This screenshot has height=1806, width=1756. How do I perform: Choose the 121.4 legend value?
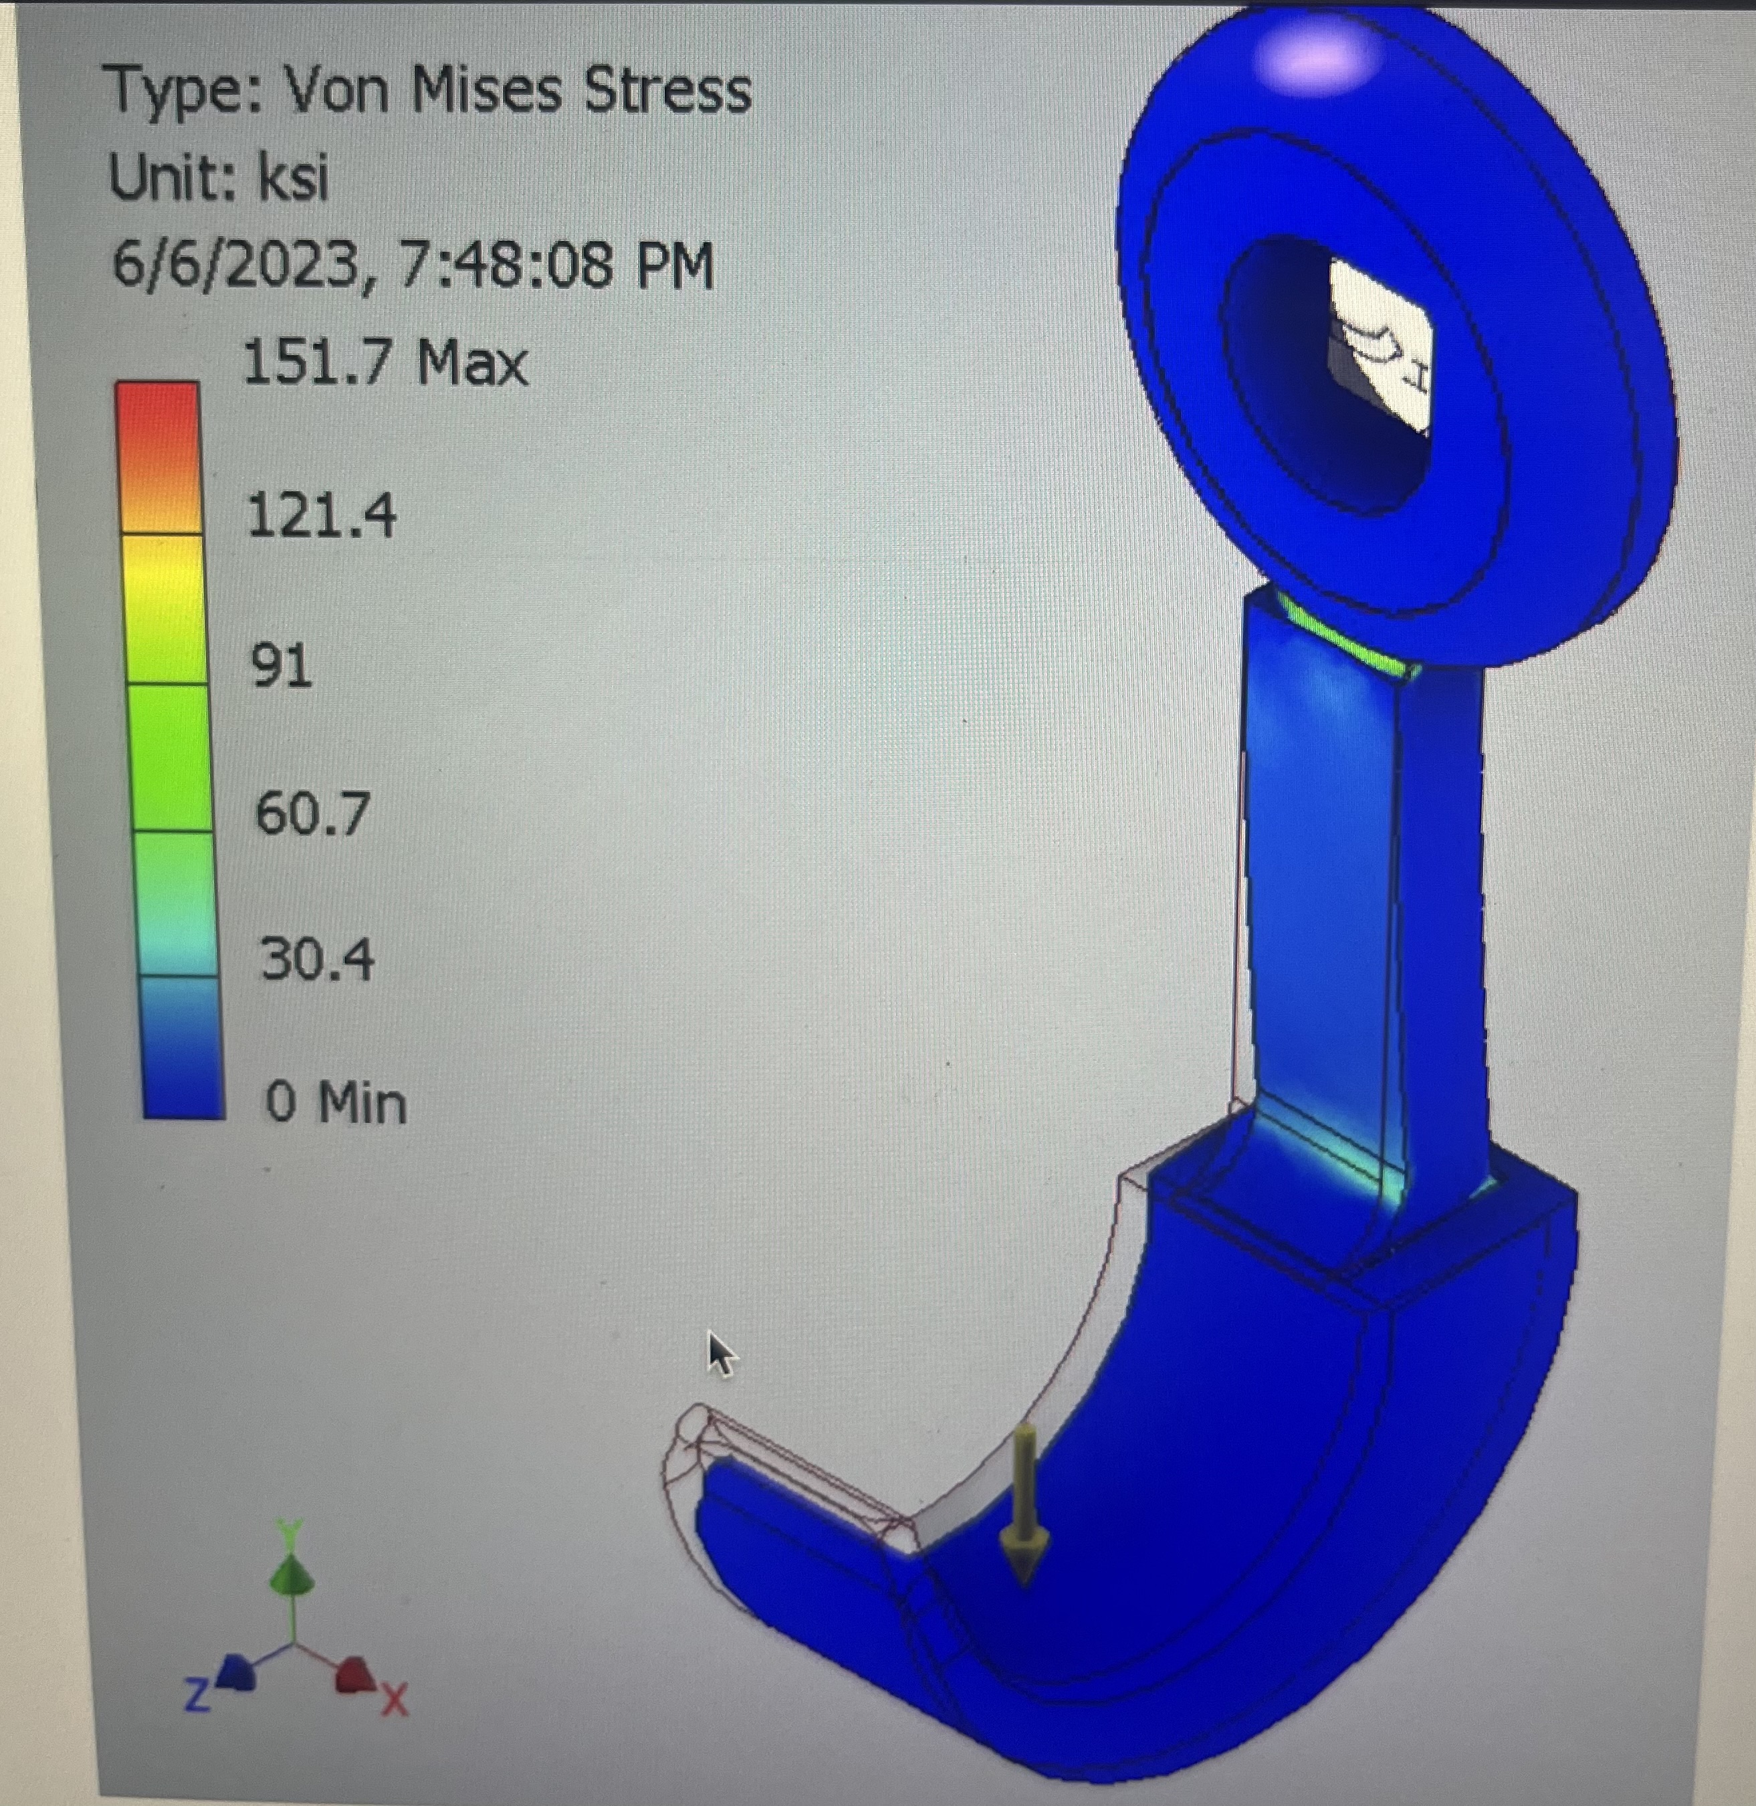point(322,514)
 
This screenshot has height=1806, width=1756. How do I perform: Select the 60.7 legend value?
point(312,813)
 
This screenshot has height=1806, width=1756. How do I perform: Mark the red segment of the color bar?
point(158,433)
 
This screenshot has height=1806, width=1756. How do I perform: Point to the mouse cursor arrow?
point(720,1352)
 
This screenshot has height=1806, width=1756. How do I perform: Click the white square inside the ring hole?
point(1377,346)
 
